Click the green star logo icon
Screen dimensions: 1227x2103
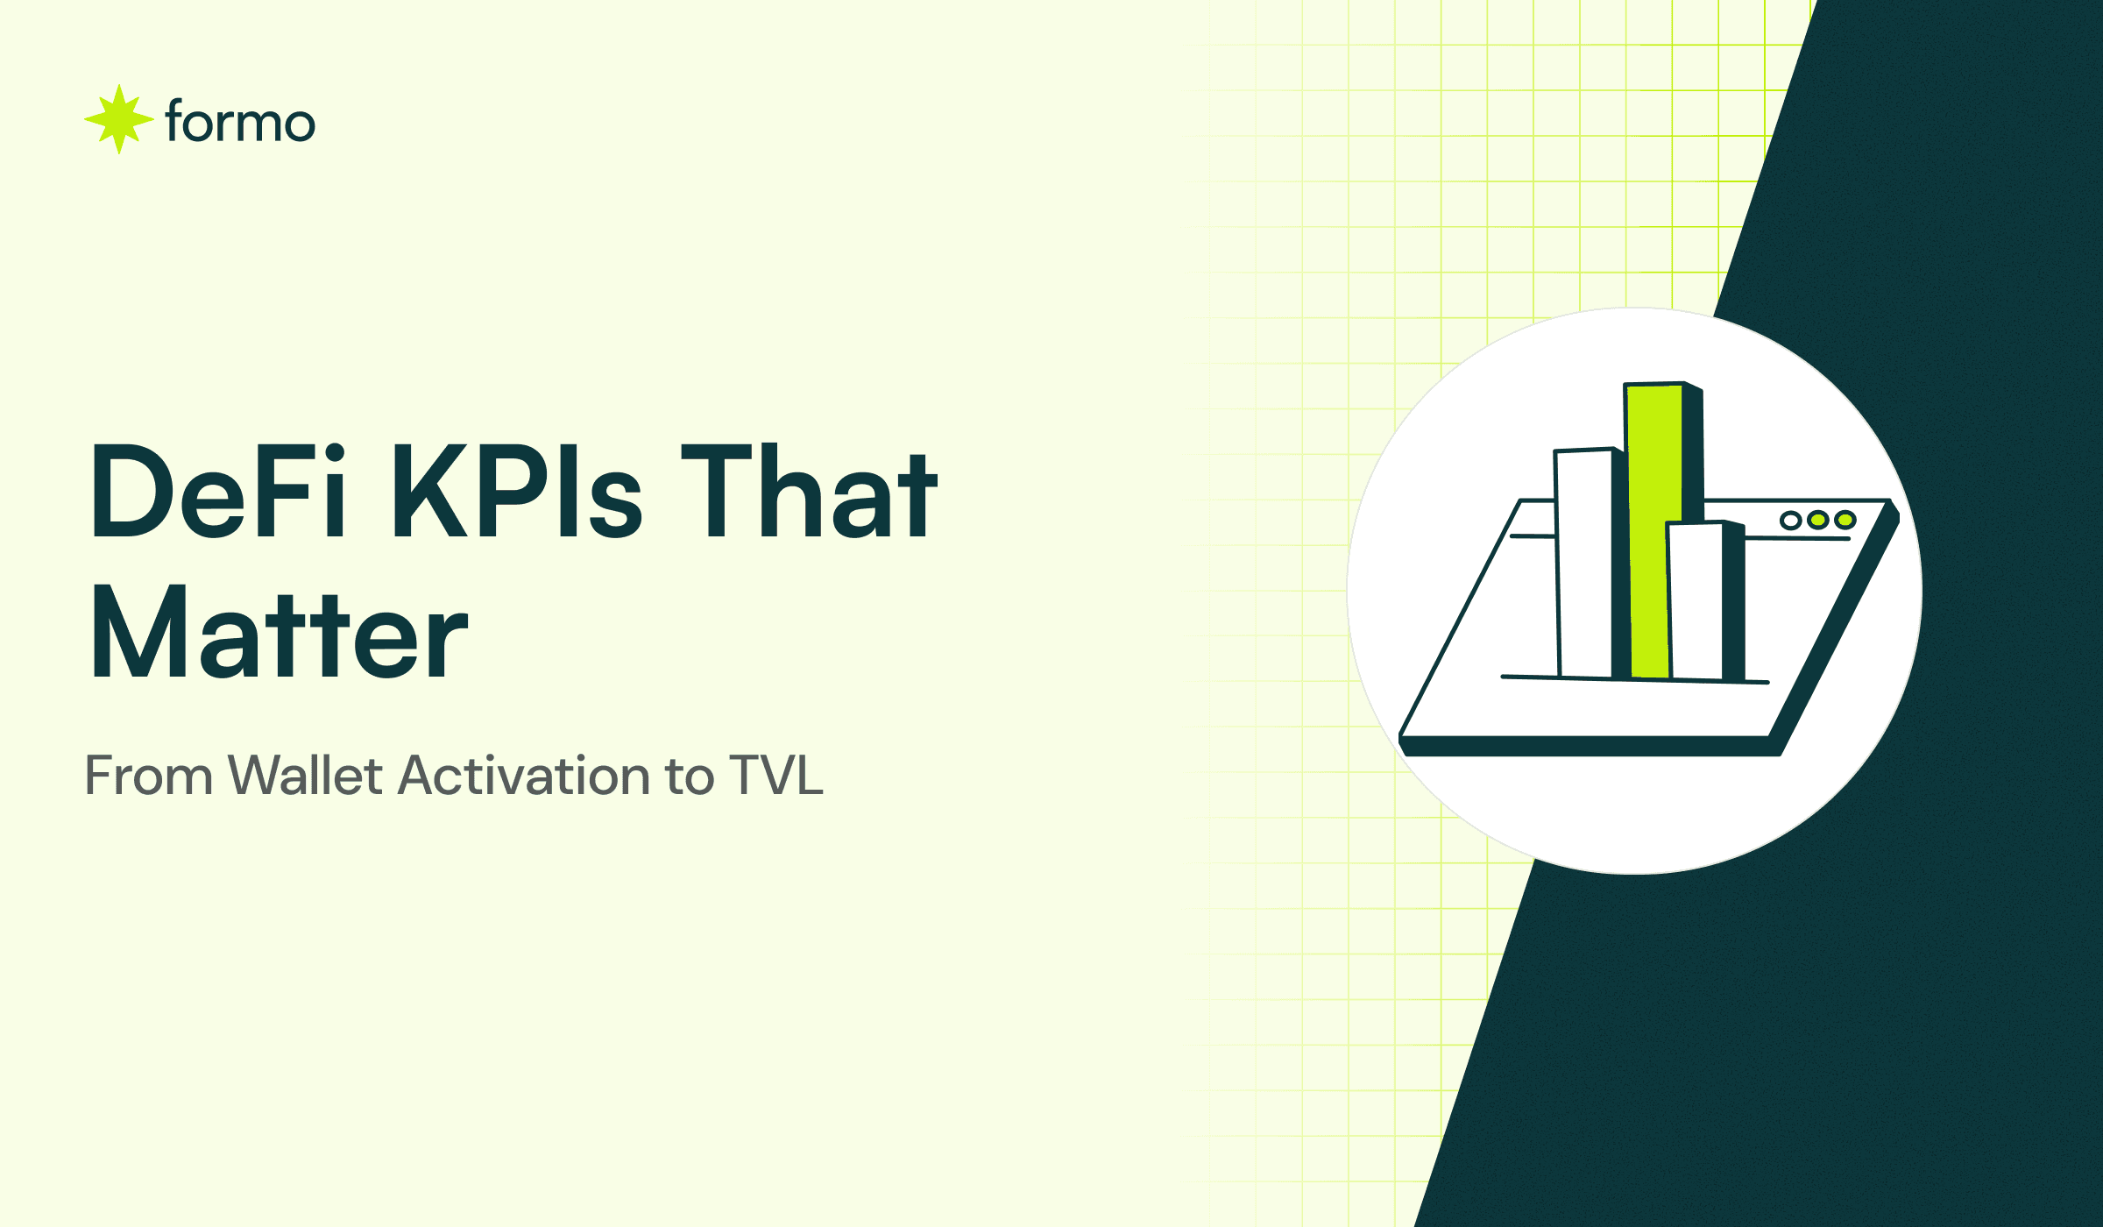coord(119,119)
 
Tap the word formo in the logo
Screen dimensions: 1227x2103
coord(239,122)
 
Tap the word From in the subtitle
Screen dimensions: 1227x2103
coord(149,776)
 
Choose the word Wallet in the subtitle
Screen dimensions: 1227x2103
coord(305,776)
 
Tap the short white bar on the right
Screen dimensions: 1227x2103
coord(1696,600)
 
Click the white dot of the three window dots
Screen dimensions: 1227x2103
coord(1791,521)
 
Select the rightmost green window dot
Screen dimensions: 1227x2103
coord(1845,521)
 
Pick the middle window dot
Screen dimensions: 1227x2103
coord(1818,521)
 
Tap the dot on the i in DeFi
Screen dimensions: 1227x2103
coord(335,453)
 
